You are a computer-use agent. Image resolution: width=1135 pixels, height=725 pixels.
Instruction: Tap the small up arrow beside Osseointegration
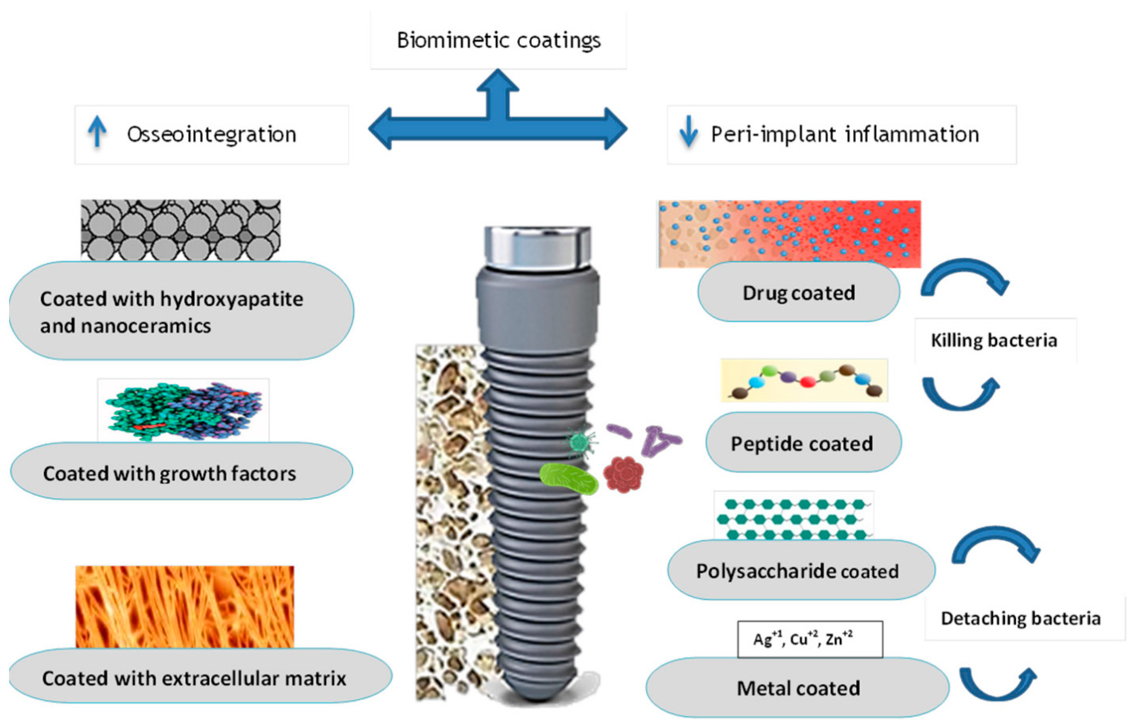click(x=97, y=132)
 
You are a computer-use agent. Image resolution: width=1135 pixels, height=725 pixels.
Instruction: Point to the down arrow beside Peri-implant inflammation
click(x=688, y=132)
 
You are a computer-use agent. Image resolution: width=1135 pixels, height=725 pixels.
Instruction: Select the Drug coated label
click(x=798, y=293)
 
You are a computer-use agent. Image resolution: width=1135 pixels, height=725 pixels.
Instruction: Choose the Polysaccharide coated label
click(x=798, y=571)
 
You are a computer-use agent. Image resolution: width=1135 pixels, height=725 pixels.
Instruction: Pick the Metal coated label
click(x=798, y=688)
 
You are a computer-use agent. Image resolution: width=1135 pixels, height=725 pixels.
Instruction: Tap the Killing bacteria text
click(x=994, y=340)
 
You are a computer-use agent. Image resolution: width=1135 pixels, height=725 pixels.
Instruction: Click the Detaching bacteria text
click(x=1021, y=618)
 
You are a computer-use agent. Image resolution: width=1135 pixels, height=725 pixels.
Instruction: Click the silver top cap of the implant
click(x=537, y=248)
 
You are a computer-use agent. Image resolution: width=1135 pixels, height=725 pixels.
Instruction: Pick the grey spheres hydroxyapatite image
click(x=180, y=230)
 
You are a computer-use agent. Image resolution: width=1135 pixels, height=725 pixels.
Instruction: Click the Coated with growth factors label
click(x=170, y=473)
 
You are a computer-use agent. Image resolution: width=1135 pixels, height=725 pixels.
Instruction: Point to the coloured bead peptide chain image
click(x=804, y=381)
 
